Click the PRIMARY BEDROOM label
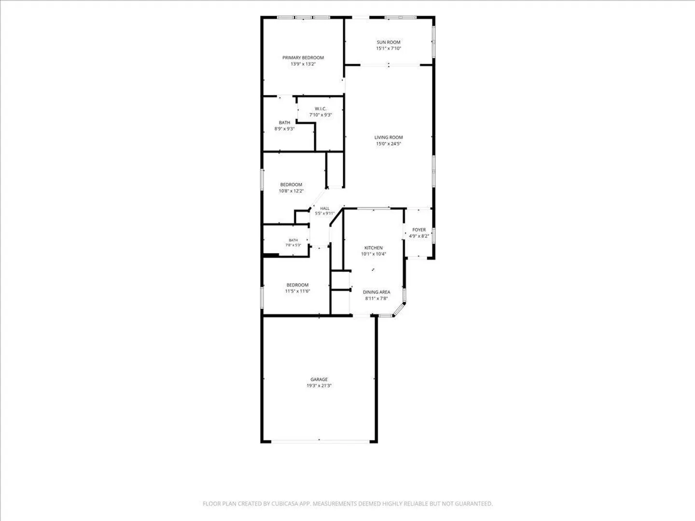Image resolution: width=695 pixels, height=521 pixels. [303, 57]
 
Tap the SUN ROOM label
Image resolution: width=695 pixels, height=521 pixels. [389, 42]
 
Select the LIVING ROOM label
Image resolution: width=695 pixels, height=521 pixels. [389, 137]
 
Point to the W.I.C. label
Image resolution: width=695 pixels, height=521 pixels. [320, 109]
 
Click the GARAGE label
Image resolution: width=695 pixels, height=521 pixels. [319, 379]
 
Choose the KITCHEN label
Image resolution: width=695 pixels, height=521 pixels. [373, 247]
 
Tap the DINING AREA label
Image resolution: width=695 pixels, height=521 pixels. [376, 292]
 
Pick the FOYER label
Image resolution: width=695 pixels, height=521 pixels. [419, 230]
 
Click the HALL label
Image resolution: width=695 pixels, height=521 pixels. [324, 208]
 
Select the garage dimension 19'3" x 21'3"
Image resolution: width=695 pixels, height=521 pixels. [319, 385]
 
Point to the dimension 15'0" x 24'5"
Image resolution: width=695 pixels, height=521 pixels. [389, 144]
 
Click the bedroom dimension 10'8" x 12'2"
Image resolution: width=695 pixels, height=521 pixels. [291, 191]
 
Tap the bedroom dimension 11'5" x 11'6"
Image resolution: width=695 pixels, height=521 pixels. [297, 291]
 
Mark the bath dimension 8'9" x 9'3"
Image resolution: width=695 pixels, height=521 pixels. [284, 129]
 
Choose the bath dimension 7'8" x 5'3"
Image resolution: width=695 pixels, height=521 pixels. [293, 245]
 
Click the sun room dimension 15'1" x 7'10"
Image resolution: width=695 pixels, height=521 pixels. [389, 48]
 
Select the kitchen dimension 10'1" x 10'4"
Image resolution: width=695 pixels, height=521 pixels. [373, 254]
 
